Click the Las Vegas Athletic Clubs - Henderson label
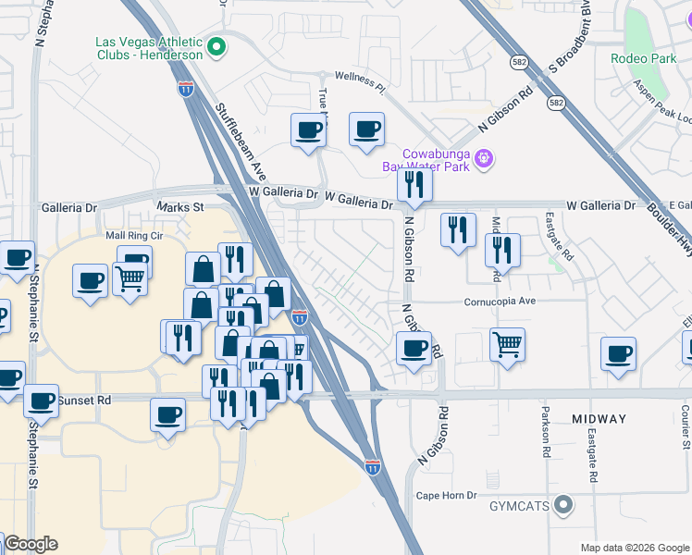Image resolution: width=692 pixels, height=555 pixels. [x=148, y=48]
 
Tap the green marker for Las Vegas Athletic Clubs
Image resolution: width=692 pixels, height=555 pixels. [x=216, y=45]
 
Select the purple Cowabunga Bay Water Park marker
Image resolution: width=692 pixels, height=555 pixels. [x=482, y=160]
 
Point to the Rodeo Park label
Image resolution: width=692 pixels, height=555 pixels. [x=644, y=58]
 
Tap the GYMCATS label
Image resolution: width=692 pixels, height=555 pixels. [x=519, y=506]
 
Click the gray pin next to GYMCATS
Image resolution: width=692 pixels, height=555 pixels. [x=563, y=506]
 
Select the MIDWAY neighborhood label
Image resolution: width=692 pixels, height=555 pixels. [x=599, y=419]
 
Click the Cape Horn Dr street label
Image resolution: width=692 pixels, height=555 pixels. [x=446, y=495]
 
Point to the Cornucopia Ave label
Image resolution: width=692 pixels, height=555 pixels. [x=500, y=302]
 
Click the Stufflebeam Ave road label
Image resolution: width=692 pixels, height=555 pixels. [x=241, y=142]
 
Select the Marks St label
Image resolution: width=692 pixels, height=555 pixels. [x=179, y=207]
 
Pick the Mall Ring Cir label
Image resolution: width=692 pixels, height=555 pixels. [x=134, y=236]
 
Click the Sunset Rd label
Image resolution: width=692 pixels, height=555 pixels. [x=84, y=401]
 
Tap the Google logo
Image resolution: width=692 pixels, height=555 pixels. [x=31, y=544]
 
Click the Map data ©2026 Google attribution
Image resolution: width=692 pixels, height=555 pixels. [x=634, y=548]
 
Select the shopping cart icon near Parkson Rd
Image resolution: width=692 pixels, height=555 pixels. [x=507, y=345]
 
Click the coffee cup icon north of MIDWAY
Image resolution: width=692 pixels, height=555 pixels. [x=618, y=352]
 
